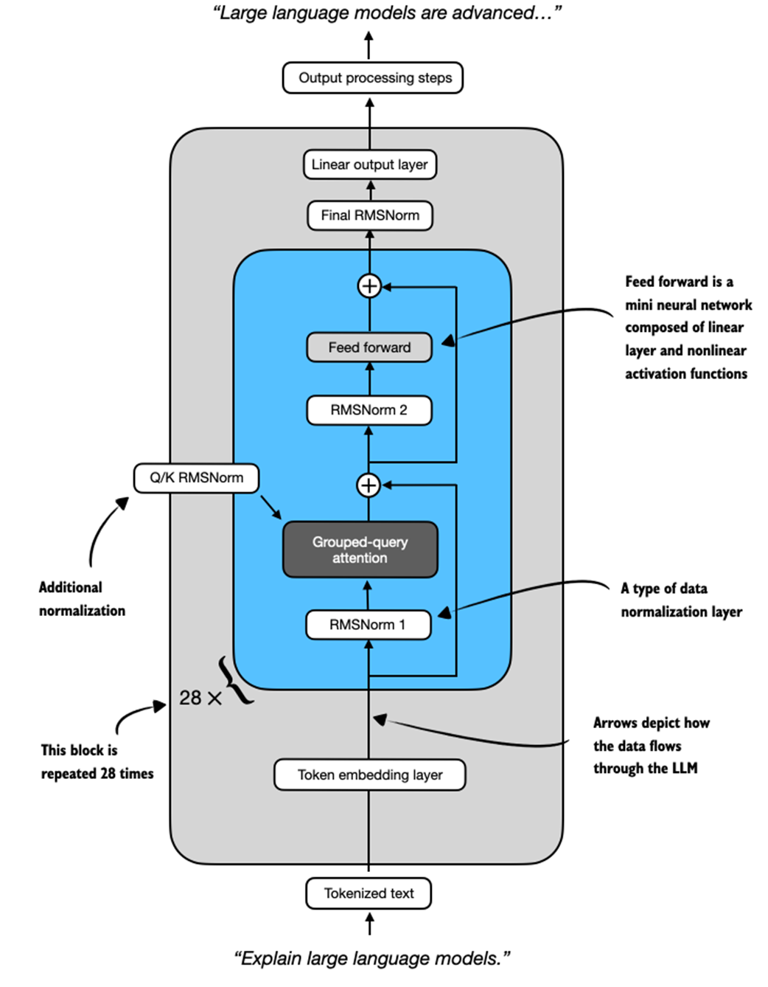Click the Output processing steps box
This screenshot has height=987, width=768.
pos(372,78)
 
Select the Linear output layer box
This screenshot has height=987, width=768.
pos(370,164)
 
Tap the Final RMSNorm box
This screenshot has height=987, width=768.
pos(370,215)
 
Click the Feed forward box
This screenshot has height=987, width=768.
pos(369,347)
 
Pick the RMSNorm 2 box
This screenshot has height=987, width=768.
pos(369,410)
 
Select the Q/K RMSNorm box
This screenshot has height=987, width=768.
pos(196,478)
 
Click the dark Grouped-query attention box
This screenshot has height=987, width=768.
pos(360,550)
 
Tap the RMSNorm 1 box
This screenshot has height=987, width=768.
pos(368,625)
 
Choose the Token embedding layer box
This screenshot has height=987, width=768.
pos(370,775)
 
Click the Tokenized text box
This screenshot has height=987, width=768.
pos(369,893)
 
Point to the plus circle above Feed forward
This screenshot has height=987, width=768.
pos(369,285)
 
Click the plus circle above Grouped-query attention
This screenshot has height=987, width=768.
pos(369,485)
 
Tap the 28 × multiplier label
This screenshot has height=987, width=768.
pos(200,698)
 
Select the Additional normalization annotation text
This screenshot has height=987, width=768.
pos(81,599)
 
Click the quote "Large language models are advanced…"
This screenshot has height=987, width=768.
pos(387,13)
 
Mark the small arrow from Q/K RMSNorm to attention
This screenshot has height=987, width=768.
pos(271,508)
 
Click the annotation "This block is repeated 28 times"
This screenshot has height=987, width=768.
pos(97,762)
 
